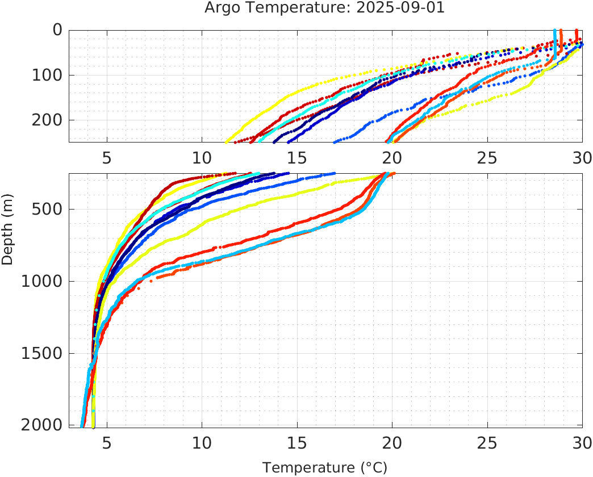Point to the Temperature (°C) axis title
coord(325,467)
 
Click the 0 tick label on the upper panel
coord(57,30)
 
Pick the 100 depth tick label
coord(47,75)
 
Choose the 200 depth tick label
coord(47,120)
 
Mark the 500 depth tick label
coord(47,209)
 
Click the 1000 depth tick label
coord(41,281)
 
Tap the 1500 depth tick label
coord(41,353)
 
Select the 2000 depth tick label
coord(41,425)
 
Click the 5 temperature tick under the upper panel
coord(107,157)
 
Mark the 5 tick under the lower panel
coord(107,442)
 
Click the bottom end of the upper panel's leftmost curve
coord(227,141)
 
